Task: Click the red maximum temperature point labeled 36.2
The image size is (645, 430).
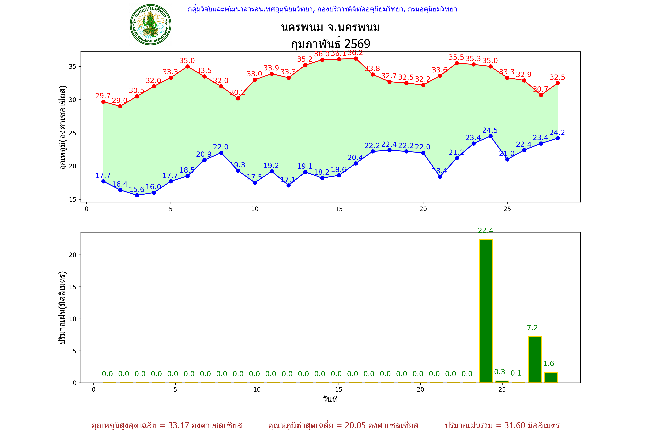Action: (356, 58)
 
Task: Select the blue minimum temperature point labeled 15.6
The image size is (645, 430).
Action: (137, 195)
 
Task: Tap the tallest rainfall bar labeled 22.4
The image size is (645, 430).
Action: (486, 311)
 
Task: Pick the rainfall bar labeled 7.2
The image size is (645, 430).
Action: (535, 359)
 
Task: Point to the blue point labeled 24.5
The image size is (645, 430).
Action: (490, 136)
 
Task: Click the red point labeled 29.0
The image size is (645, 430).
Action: (120, 106)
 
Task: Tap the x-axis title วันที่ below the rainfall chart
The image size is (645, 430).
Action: (330, 399)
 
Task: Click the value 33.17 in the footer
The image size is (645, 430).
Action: (179, 425)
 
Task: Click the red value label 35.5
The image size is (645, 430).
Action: (456, 57)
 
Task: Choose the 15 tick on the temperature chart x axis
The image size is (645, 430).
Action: (339, 209)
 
